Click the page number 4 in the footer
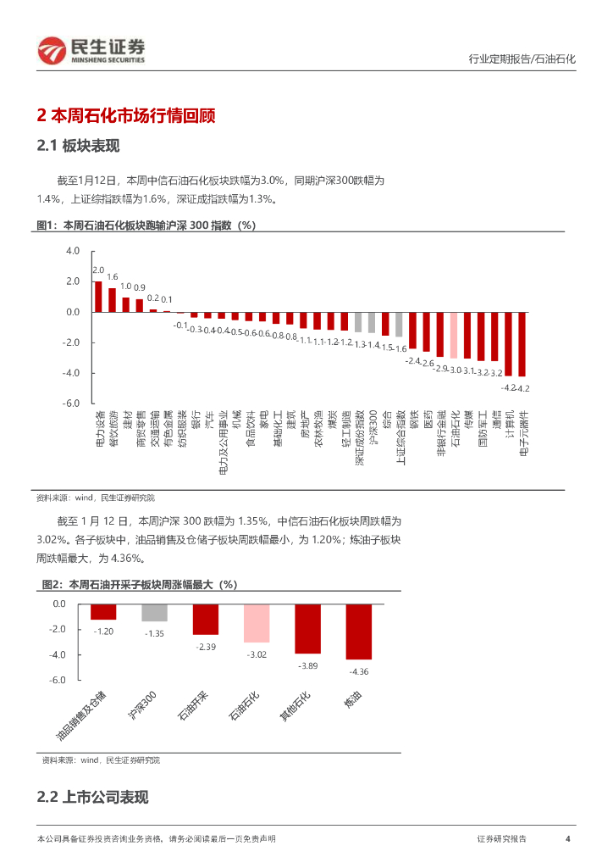click(567, 838)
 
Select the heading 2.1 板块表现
click(79, 146)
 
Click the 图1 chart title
click(146, 225)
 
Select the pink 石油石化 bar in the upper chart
click(453, 335)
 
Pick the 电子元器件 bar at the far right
click(522, 343)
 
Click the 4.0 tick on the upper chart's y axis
click(72, 251)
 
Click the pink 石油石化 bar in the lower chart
click(257, 623)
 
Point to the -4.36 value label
click(359, 671)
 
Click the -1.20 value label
click(103, 632)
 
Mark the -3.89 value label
click(308, 666)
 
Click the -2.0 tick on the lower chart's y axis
click(58, 629)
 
